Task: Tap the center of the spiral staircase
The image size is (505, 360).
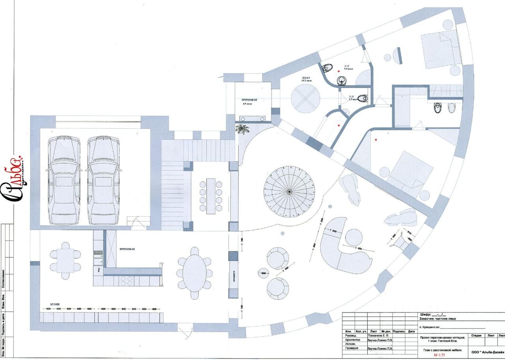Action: pos(289,192)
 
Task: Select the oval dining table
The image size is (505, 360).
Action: pos(195,272)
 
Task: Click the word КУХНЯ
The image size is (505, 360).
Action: pos(55,304)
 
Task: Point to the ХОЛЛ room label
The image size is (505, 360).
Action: pos(307,79)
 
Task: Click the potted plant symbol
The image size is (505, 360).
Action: pos(242,129)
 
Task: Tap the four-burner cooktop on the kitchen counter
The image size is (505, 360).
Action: pos(126,281)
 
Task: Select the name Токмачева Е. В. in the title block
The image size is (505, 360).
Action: pos(378,336)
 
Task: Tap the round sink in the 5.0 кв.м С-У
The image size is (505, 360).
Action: pos(342,81)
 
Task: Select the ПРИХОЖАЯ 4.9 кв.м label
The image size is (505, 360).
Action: pos(249,102)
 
